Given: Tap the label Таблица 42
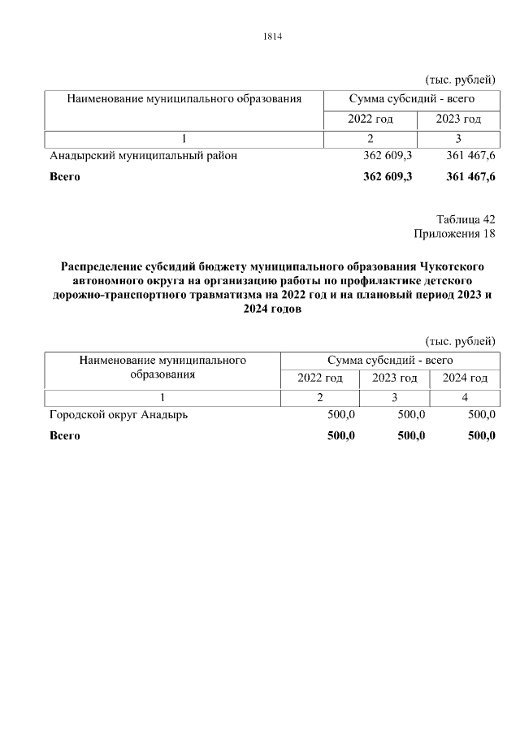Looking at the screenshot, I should click(466, 219).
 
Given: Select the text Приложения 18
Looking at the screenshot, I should click(454, 235).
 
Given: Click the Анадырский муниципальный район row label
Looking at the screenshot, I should click(144, 156).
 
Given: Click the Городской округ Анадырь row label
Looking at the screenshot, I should click(119, 415).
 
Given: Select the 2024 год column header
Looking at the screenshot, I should click(465, 378).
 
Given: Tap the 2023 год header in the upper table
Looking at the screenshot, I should click(458, 119).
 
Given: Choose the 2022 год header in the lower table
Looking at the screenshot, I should click(320, 378).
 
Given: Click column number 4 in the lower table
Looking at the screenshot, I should click(465, 397).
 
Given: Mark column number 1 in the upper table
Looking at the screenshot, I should click(184, 138).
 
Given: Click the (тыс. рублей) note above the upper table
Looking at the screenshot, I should click(460, 79).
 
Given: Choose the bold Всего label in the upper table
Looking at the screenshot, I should click(65, 177).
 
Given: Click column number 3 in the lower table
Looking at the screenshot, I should click(394, 397).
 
